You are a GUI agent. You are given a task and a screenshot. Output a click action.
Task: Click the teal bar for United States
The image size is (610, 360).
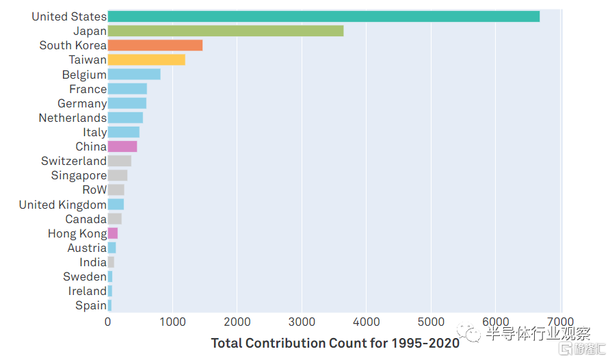pos(323,16)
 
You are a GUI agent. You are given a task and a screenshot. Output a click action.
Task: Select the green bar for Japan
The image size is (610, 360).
pos(226,31)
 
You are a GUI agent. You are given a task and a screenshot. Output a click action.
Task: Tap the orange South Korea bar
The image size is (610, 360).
pos(155,45)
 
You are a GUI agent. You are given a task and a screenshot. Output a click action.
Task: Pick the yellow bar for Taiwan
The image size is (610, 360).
pos(146,60)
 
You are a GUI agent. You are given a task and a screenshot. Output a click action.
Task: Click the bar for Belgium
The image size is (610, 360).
pos(134,74)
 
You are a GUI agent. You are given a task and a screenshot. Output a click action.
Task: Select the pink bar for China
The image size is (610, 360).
pos(122,146)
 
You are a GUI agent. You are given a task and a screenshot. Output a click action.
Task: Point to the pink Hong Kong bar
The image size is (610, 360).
pos(113,233)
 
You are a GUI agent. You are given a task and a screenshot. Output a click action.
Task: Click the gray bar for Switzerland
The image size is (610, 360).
pos(120,161)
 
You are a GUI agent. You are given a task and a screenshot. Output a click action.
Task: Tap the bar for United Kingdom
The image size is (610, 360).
pos(116,204)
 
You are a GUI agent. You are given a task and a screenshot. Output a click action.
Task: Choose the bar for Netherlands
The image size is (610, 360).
pos(125,117)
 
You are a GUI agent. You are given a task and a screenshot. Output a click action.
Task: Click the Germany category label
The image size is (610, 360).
pos(82,103)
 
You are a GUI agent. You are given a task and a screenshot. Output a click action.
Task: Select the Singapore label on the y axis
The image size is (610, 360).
pos(79,175)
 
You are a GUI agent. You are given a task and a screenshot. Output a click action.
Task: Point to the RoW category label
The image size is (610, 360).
pos(94,190)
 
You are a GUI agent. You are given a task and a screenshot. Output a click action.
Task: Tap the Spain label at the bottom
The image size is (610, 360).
pos(91,305)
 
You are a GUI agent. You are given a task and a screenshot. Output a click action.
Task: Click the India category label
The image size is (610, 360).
pos(93,262)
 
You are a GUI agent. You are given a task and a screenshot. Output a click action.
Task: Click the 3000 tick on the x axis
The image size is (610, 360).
pos(302,322)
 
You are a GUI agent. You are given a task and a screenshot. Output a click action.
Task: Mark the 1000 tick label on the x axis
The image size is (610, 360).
pos(172,322)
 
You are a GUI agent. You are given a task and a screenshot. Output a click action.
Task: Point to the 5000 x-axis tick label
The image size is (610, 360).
pos(431,322)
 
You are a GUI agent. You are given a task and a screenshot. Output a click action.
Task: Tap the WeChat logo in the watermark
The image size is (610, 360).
pos(468,332)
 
